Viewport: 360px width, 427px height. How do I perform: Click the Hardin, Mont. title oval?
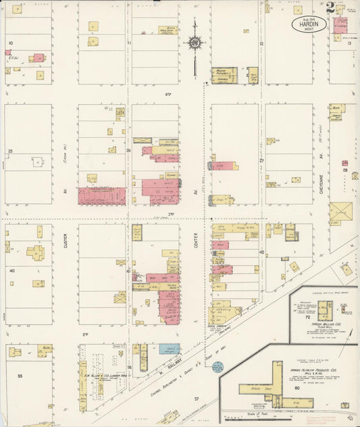point(310,24)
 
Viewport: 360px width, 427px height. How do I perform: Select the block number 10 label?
point(10,43)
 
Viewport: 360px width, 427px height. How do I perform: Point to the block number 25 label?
point(10,151)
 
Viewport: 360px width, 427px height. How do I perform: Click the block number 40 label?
point(11,270)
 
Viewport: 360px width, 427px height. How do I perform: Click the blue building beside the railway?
point(170,349)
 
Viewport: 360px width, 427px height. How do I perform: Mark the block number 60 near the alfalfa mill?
point(296,388)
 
